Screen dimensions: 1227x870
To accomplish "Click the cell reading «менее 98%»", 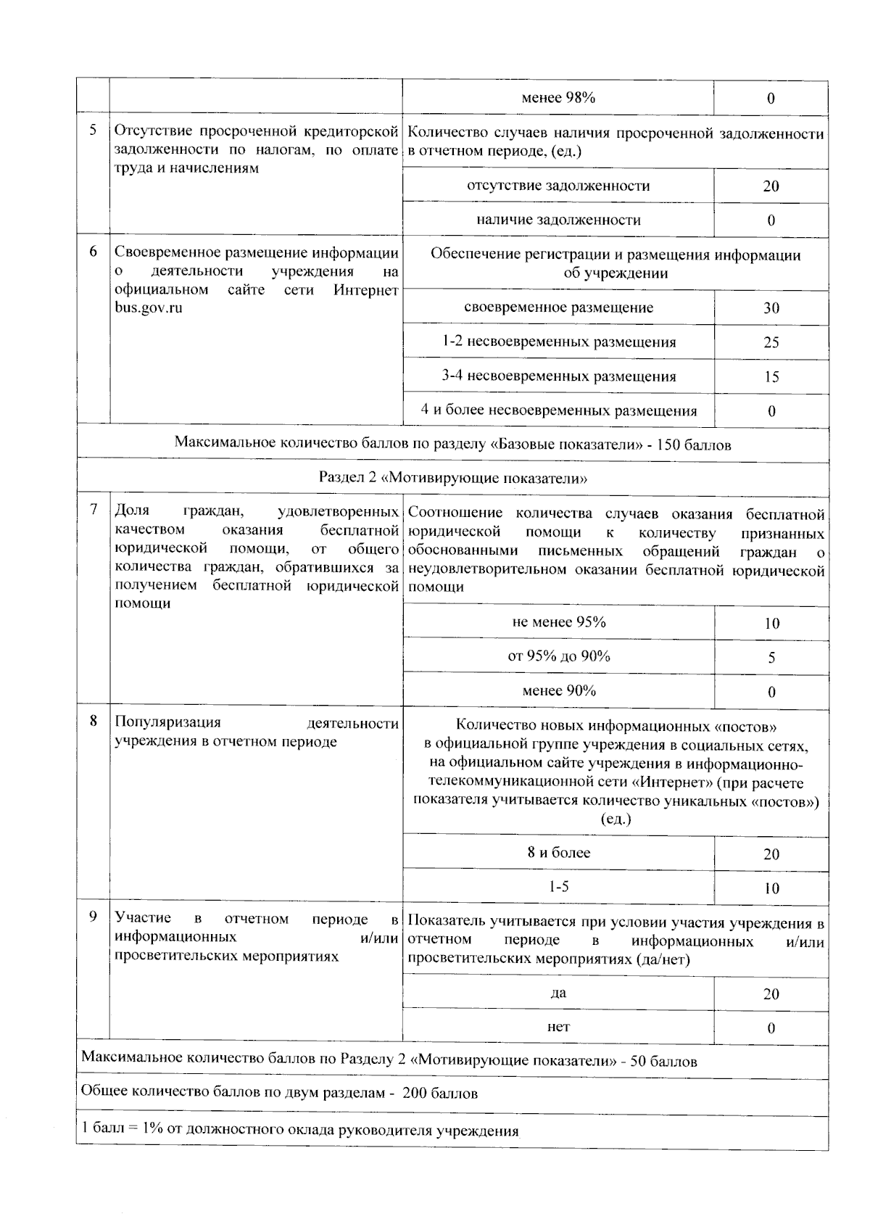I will (x=558, y=98).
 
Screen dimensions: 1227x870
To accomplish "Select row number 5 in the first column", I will (x=93, y=131).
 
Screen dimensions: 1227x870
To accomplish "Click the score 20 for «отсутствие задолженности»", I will (x=771, y=186).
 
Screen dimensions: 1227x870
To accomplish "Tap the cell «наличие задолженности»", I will (x=558, y=220).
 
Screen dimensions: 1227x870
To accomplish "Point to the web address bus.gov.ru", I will (x=149, y=307).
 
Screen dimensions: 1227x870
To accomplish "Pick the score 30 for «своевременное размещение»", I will (x=771, y=308).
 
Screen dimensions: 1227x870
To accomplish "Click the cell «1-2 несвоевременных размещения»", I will (x=558, y=342).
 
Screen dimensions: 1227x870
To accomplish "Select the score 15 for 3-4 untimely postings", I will (x=771, y=377).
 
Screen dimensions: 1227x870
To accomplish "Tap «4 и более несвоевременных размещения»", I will (x=558, y=411).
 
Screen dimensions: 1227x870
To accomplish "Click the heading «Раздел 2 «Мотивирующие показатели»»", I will (x=452, y=479).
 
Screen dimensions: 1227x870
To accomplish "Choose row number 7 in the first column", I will (x=93, y=510).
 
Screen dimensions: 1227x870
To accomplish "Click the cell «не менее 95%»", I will (x=558, y=622).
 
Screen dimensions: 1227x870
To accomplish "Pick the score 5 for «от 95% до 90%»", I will (x=771, y=658).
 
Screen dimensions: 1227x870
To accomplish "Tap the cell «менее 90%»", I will (x=558, y=691).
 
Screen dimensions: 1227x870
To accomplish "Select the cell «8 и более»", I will (x=558, y=854).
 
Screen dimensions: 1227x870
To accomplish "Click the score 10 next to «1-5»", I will (x=771, y=888).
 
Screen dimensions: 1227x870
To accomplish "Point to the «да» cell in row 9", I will (x=558, y=993).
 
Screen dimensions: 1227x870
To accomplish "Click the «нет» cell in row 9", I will (x=558, y=1028).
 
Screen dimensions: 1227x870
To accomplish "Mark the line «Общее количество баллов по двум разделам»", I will (x=279, y=1094).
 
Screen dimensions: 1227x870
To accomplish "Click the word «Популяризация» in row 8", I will (x=167, y=723).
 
